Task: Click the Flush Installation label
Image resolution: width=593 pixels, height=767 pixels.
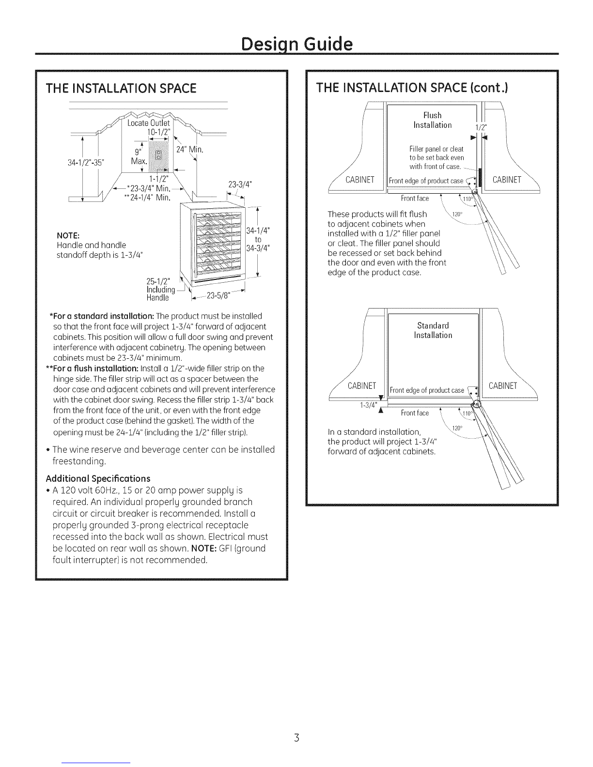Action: point(432,120)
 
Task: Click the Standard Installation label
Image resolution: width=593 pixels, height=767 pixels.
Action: point(433,330)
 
